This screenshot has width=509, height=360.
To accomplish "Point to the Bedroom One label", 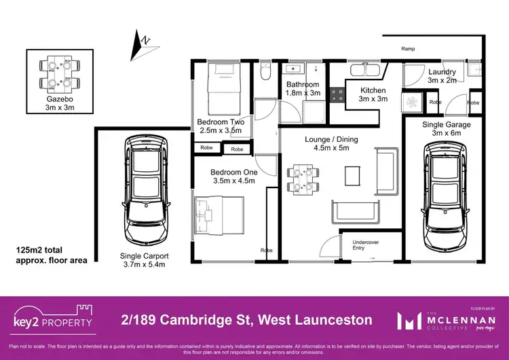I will click(232, 176).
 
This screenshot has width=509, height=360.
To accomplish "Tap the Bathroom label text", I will click(302, 88).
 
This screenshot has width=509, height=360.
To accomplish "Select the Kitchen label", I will click(373, 94).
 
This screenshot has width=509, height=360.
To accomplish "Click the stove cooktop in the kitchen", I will click(336, 96).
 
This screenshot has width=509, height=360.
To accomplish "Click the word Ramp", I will click(408, 49).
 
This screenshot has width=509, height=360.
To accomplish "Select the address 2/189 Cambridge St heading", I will click(246, 319).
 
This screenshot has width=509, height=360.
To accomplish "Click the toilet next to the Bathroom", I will click(267, 71).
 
